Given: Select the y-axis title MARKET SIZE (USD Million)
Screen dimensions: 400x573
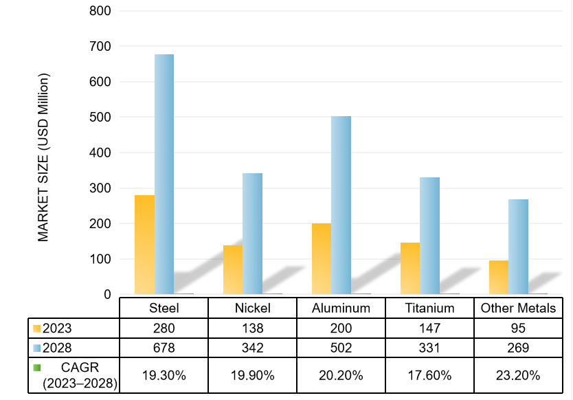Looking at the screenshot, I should pyautogui.click(x=44, y=158).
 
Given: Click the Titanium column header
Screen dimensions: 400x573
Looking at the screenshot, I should pyautogui.click(x=430, y=308).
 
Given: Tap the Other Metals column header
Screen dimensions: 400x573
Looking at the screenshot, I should pyautogui.click(x=518, y=308).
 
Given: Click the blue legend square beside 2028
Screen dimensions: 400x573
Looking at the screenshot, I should pyautogui.click(x=37, y=348).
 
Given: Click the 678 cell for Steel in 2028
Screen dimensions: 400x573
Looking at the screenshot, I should pyautogui.click(x=164, y=348).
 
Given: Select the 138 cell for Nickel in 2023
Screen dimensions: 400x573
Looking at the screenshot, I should pyautogui.click(x=252, y=328).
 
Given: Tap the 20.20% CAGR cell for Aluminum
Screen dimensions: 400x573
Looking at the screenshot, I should pyautogui.click(x=341, y=375).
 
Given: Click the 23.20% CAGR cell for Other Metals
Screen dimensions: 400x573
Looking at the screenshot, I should pyautogui.click(x=518, y=375).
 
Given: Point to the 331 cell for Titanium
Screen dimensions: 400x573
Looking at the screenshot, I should pyautogui.click(x=430, y=348).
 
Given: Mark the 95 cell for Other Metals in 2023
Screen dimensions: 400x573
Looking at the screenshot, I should pyautogui.click(x=518, y=328).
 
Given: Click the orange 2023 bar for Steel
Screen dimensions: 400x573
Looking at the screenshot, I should pyautogui.click(x=145, y=244).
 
